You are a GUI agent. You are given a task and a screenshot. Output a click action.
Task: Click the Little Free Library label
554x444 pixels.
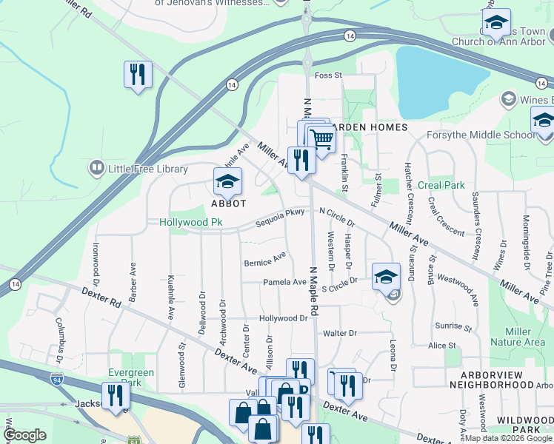148,169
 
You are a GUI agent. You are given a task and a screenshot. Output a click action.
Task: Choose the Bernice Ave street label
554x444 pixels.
265,260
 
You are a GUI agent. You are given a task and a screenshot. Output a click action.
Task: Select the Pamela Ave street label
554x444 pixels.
284,282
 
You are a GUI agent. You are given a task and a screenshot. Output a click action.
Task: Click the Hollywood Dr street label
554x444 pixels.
283,318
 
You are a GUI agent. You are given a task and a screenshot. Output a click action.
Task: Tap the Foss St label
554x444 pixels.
328,75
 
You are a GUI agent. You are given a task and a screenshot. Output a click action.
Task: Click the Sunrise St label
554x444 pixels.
453,326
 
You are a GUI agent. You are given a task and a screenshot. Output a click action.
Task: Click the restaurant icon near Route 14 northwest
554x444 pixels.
138,74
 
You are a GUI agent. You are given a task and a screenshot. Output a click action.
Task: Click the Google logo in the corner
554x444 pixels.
24,435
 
